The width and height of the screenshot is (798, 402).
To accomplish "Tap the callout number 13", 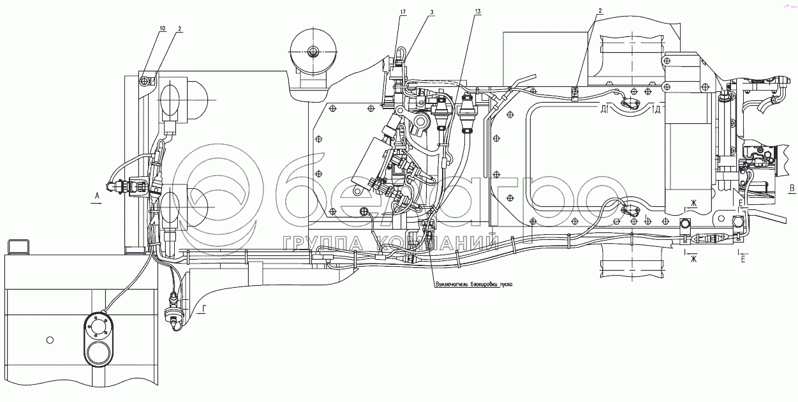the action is click(478, 11).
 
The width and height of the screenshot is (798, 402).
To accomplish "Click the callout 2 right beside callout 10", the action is click(180, 29).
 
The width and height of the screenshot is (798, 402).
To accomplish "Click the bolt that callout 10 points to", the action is click(145, 80).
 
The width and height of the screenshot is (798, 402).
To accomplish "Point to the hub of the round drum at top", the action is click(313, 51).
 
